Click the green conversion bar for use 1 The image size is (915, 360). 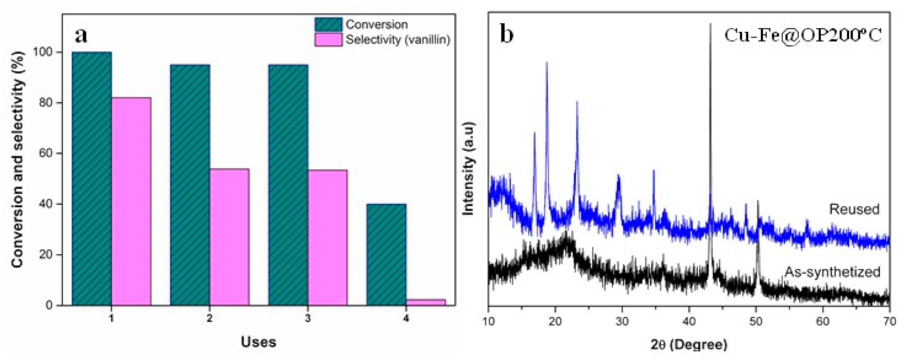tap(92, 178)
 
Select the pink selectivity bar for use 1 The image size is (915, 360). tap(131, 201)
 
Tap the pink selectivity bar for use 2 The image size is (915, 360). tap(229, 237)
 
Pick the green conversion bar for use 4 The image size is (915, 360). tap(386, 254)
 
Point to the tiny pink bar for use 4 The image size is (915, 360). tap(425, 302)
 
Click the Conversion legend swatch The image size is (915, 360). tap(328, 25)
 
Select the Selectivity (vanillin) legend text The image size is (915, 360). tap(397, 39)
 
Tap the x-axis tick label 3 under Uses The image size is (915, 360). tap(308, 318)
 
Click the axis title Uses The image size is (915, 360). tap(258, 342)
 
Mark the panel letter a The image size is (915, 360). tap(81, 35)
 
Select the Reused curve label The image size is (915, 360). tap(854, 209)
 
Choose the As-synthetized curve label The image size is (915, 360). tap(832, 272)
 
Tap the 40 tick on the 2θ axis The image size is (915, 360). tap(689, 321)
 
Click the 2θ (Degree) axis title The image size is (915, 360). tap(689, 344)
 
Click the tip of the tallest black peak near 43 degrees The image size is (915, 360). tap(710, 24)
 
